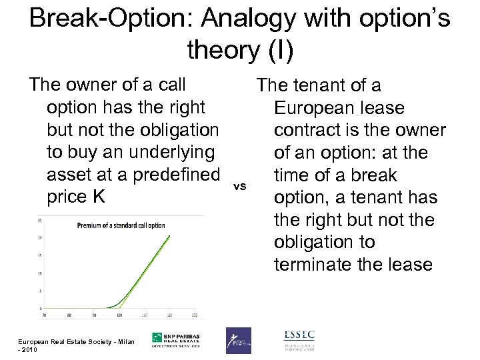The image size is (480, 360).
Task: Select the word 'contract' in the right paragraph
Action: tap(313, 130)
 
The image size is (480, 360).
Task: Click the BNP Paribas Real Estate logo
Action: tap(176, 340)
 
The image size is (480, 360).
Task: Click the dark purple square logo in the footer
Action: tap(238, 340)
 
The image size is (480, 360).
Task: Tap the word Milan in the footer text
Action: tap(124, 343)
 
